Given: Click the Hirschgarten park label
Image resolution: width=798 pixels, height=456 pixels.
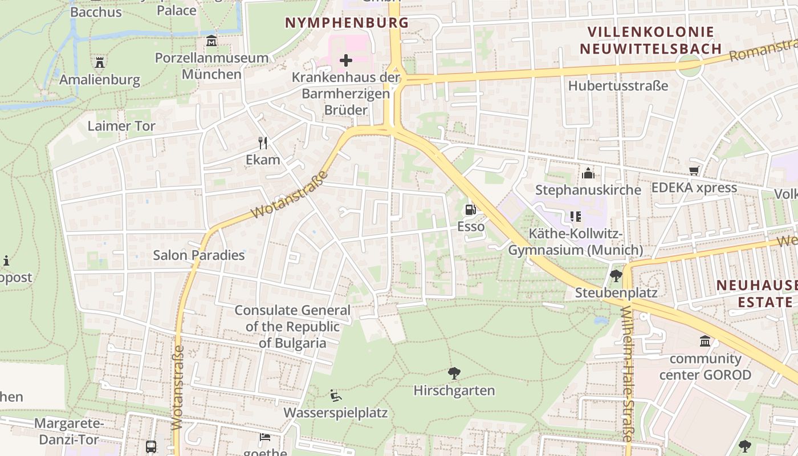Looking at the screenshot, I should pyautogui.click(x=454, y=390).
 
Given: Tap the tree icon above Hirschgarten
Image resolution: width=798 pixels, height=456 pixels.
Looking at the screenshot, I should pyautogui.click(x=454, y=373).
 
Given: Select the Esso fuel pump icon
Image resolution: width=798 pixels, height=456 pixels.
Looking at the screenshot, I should pyautogui.click(x=470, y=210).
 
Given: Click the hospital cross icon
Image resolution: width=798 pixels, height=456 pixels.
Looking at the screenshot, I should pyautogui.click(x=345, y=60).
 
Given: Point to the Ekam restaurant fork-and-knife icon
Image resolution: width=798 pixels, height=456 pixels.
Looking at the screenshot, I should pyautogui.click(x=262, y=142).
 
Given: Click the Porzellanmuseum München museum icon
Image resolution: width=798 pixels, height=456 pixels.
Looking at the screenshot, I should pyautogui.click(x=212, y=40).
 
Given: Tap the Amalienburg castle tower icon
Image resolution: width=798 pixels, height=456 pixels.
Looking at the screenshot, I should pyautogui.click(x=100, y=62).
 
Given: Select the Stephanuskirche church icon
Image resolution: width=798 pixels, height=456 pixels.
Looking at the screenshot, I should pyautogui.click(x=588, y=173).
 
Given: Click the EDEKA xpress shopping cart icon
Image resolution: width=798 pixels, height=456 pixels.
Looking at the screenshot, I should pyautogui.click(x=694, y=170).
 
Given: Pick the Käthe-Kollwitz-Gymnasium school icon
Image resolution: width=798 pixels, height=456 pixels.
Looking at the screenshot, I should pyautogui.click(x=575, y=216).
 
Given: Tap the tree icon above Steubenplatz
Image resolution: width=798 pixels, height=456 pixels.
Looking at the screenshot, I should pyautogui.click(x=616, y=276).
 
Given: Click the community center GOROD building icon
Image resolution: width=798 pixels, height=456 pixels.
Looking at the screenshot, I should pyautogui.click(x=705, y=341).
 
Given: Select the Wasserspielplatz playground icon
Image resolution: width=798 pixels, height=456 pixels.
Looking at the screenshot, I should pyautogui.click(x=336, y=395).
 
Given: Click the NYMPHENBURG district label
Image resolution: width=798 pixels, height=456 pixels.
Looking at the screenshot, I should pyautogui.click(x=347, y=23).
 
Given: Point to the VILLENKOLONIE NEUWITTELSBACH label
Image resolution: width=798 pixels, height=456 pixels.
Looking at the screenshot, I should pyautogui.click(x=651, y=40).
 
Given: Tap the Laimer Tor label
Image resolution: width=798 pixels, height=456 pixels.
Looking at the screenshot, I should pyautogui.click(x=121, y=126).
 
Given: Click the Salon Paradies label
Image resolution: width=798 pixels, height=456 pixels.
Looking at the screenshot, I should pyautogui.click(x=198, y=255).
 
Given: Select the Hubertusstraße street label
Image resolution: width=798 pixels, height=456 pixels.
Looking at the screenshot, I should pyautogui.click(x=618, y=85).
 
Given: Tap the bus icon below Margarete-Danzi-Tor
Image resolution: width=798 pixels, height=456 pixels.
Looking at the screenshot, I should pyautogui.click(x=151, y=447).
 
